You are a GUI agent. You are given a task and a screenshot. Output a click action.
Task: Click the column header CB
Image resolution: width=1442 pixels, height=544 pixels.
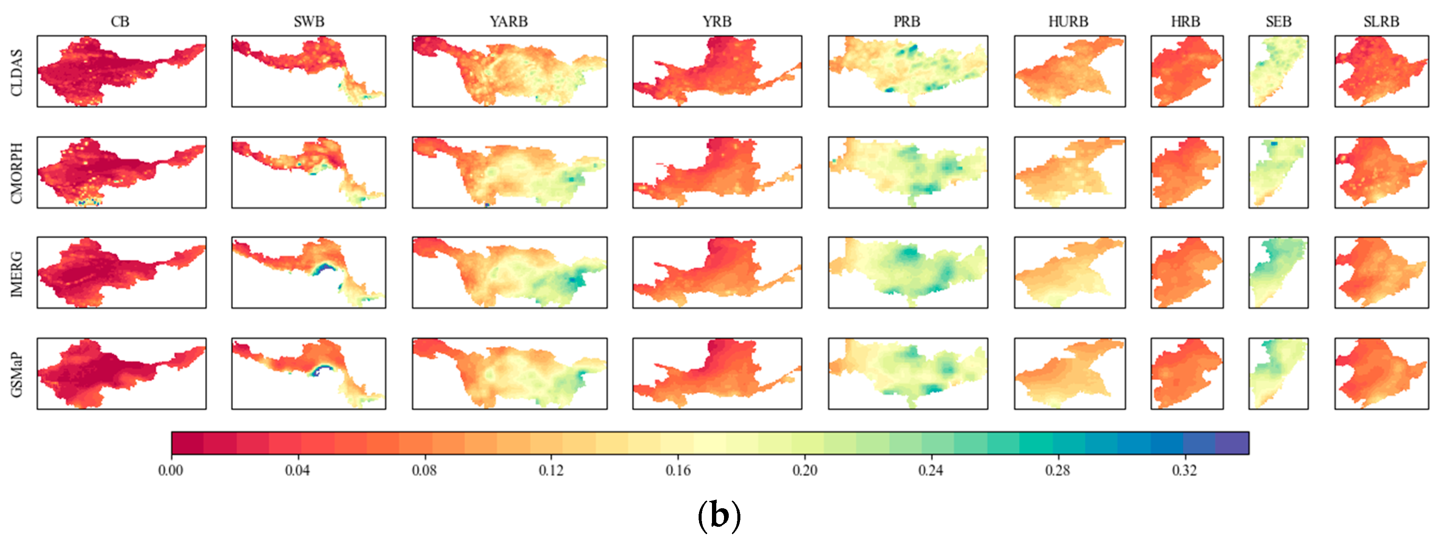pyautogui.click(x=120, y=22)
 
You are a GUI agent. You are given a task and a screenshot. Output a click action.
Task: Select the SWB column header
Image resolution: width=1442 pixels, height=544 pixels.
pyautogui.click(x=309, y=22)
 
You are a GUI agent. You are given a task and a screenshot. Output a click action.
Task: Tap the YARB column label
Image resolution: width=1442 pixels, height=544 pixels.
pyautogui.click(x=508, y=22)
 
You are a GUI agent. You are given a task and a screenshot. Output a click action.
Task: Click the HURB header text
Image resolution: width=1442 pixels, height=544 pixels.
pyautogui.click(x=1068, y=22)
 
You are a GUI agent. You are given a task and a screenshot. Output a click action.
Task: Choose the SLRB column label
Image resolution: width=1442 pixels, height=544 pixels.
pyautogui.click(x=1381, y=22)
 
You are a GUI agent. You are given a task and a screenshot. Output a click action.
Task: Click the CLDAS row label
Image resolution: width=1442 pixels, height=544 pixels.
pyautogui.click(x=17, y=72)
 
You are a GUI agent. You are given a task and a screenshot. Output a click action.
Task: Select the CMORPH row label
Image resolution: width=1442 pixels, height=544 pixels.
pyautogui.click(x=17, y=173)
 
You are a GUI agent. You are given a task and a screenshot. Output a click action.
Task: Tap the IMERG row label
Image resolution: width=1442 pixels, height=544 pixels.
pyautogui.click(x=17, y=274)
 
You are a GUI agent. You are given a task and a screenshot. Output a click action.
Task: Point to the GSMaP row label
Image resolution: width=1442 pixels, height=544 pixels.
pyautogui.click(x=17, y=374)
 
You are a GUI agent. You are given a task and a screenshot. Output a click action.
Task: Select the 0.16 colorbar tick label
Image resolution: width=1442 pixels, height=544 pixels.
pyautogui.click(x=678, y=470)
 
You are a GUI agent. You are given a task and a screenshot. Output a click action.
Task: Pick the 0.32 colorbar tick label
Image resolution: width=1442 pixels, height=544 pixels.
pyautogui.click(x=1185, y=470)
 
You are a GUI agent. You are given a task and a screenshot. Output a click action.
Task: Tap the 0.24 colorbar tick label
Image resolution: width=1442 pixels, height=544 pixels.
pyautogui.click(x=930, y=470)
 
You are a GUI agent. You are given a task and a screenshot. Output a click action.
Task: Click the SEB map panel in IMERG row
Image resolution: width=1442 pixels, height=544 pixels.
pyautogui.click(x=1278, y=272)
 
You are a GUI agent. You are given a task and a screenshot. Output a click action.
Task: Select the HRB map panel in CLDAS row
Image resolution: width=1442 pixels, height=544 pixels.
pyautogui.click(x=1186, y=71)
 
